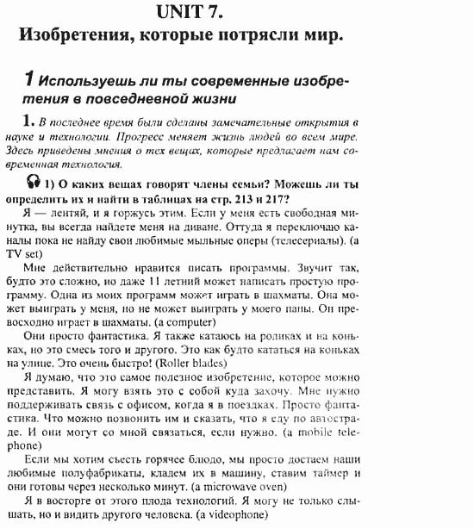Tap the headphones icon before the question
(34, 182)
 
